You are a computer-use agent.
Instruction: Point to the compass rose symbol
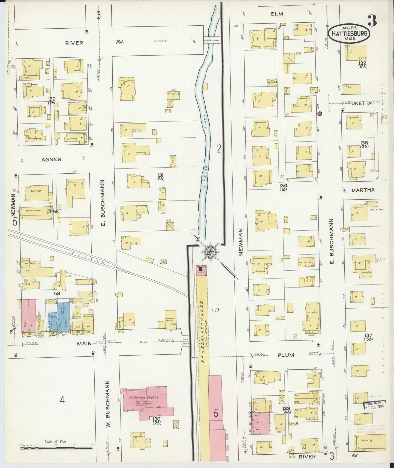[x=210, y=250]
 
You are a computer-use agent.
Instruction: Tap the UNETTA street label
[x=361, y=103]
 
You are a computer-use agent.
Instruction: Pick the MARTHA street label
[x=363, y=190]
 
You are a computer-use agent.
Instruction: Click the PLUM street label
[x=286, y=355]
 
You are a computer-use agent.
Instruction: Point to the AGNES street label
[x=51, y=159]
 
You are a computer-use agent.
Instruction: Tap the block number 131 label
[x=160, y=175]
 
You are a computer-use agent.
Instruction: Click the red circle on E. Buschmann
[x=320, y=113]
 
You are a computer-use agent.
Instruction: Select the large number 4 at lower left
[x=62, y=400]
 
